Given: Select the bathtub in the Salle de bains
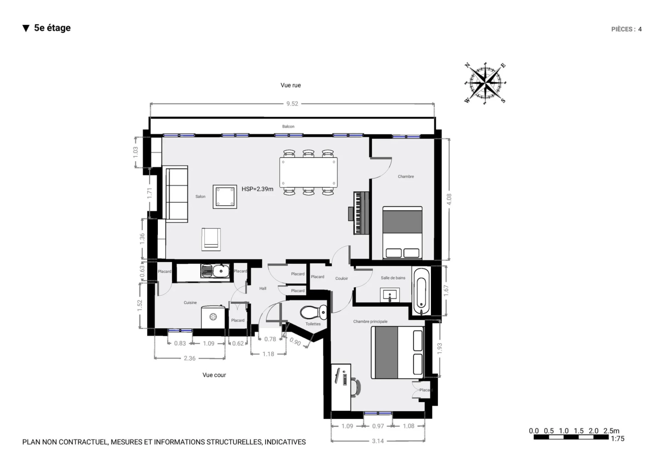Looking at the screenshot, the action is pyautogui.click(x=421, y=291).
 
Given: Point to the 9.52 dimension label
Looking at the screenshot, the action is pyautogui.click(x=292, y=104).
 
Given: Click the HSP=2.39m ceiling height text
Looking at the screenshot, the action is pyautogui.click(x=257, y=189).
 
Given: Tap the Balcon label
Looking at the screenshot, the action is pyautogui.click(x=288, y=126).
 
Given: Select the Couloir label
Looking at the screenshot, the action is pyautogui.click(x=342, y=278).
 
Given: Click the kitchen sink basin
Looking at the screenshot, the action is pyautogui.click(x=221, y=271).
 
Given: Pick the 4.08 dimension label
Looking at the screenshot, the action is pyautogui.click(x=449, y=199).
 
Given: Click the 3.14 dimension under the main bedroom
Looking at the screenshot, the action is pyautogui.click(x=378, y=441).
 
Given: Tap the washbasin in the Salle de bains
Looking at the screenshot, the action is pyautogui.click(x=390, y=296).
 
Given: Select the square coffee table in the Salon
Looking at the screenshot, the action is pyautogui.click(x=225, y=197).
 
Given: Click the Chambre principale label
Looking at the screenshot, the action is pyautogui.click(x=370, y=321).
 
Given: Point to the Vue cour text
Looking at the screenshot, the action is pyautogui.click(x=214, y=375).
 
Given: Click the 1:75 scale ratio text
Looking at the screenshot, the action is pyautogui.click(x=617, y=439).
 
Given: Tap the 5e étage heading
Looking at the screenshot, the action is pyautogui.click(x=52, y=28).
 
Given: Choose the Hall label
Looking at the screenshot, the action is pyautogui.click(x=263, y=289).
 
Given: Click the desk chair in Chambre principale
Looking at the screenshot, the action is pyautogui.click(x=356, y=387).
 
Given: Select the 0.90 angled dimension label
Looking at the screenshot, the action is pyautogui.click(x=295, y=342).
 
